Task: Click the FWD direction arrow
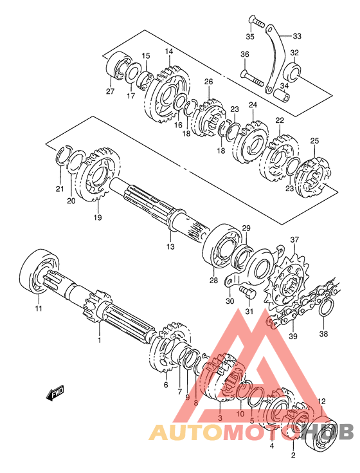(55, 393)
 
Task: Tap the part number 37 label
(294, 240)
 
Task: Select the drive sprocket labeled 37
(287, 284)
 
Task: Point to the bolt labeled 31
(248, 292)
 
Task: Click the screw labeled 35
(256, 22)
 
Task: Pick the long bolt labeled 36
(252, 77)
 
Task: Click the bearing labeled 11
(39, 271)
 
